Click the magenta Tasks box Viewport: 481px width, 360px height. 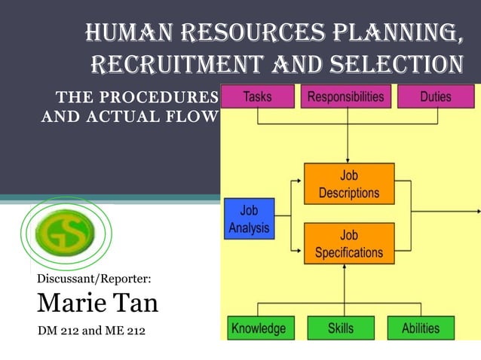coord(258,97)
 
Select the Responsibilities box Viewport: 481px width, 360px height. coord(346,97)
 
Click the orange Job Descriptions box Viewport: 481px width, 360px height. coord(349,184)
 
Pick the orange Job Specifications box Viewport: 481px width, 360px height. coord(349,243)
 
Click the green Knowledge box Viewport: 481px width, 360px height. coord(259,328)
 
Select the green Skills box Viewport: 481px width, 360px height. coord(341,328)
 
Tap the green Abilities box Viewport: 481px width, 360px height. coord(421,328)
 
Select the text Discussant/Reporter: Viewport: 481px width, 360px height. coord(94,279)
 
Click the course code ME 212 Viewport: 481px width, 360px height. coord(121,331)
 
